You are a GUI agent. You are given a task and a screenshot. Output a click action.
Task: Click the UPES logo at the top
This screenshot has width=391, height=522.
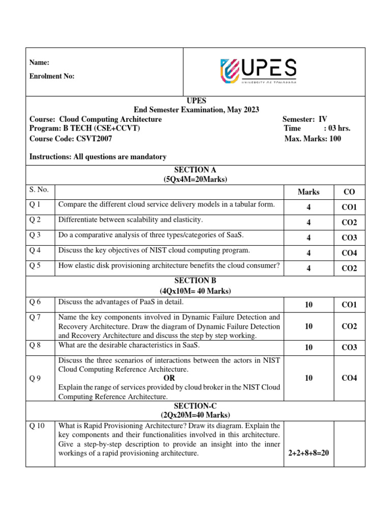click(258, 71)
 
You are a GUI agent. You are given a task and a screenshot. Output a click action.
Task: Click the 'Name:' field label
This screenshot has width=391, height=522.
click(39, 63)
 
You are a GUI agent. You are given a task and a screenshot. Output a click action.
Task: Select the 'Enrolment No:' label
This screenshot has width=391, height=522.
click(52, 76)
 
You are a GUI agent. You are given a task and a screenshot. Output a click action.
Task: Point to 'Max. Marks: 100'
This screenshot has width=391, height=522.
click(313, 138)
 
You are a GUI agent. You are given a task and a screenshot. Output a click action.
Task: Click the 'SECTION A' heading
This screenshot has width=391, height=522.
click(195, 170)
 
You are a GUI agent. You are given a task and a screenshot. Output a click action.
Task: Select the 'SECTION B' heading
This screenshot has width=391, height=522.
click(195, 281)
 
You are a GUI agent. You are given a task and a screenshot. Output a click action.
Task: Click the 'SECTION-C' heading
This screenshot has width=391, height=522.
click(195, 405)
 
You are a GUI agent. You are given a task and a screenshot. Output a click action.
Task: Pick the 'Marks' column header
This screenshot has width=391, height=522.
click(309, 192)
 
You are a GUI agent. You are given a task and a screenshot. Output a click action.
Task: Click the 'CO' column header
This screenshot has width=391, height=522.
click(349, 192)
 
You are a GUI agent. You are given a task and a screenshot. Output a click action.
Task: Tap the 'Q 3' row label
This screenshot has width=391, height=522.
click(36, 235)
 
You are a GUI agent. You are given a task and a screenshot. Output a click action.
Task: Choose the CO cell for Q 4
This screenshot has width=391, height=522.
click(349, 253)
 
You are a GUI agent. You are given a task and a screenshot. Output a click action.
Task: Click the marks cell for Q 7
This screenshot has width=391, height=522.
click(309, 326)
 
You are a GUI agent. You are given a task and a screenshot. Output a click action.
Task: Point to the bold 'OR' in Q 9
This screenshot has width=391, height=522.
click(169, 378)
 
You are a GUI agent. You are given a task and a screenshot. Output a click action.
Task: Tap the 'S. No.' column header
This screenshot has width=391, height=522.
click(39, 190)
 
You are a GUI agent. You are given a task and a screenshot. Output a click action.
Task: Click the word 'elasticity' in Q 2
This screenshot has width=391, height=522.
click(186, 220)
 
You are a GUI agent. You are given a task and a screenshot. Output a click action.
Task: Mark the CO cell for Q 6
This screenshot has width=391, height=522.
click(349, 305)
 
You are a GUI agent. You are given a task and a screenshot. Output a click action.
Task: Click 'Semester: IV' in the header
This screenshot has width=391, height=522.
click(304, 119)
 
